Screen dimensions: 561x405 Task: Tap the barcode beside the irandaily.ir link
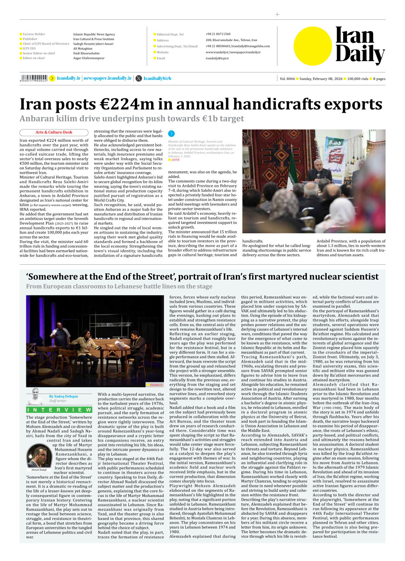pos(34,78)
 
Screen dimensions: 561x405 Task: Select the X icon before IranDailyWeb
pos(139,78)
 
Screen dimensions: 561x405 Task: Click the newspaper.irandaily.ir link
pos(108,78)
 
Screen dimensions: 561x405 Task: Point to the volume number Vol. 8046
pos(287,79)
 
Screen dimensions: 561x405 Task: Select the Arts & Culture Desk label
pos(54,132)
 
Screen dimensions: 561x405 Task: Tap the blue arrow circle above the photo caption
pos(171,133)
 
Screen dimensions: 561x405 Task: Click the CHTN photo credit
pos(175,160)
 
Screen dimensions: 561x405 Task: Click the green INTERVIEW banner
pos(59,410)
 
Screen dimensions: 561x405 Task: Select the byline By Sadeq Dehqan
pos(64,396)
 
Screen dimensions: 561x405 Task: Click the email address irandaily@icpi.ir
pos(217,59)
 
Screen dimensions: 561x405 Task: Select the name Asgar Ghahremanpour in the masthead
pos(89,58)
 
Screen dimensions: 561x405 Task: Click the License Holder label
pos(34,34)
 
